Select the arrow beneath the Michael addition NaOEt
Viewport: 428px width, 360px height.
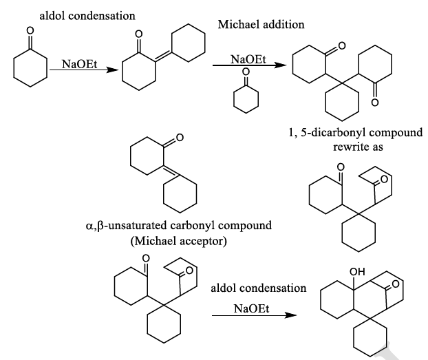pyautogui.click(x=248, y=67)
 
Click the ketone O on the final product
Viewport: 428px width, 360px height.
pyautogui.click(x=394, y=293)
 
